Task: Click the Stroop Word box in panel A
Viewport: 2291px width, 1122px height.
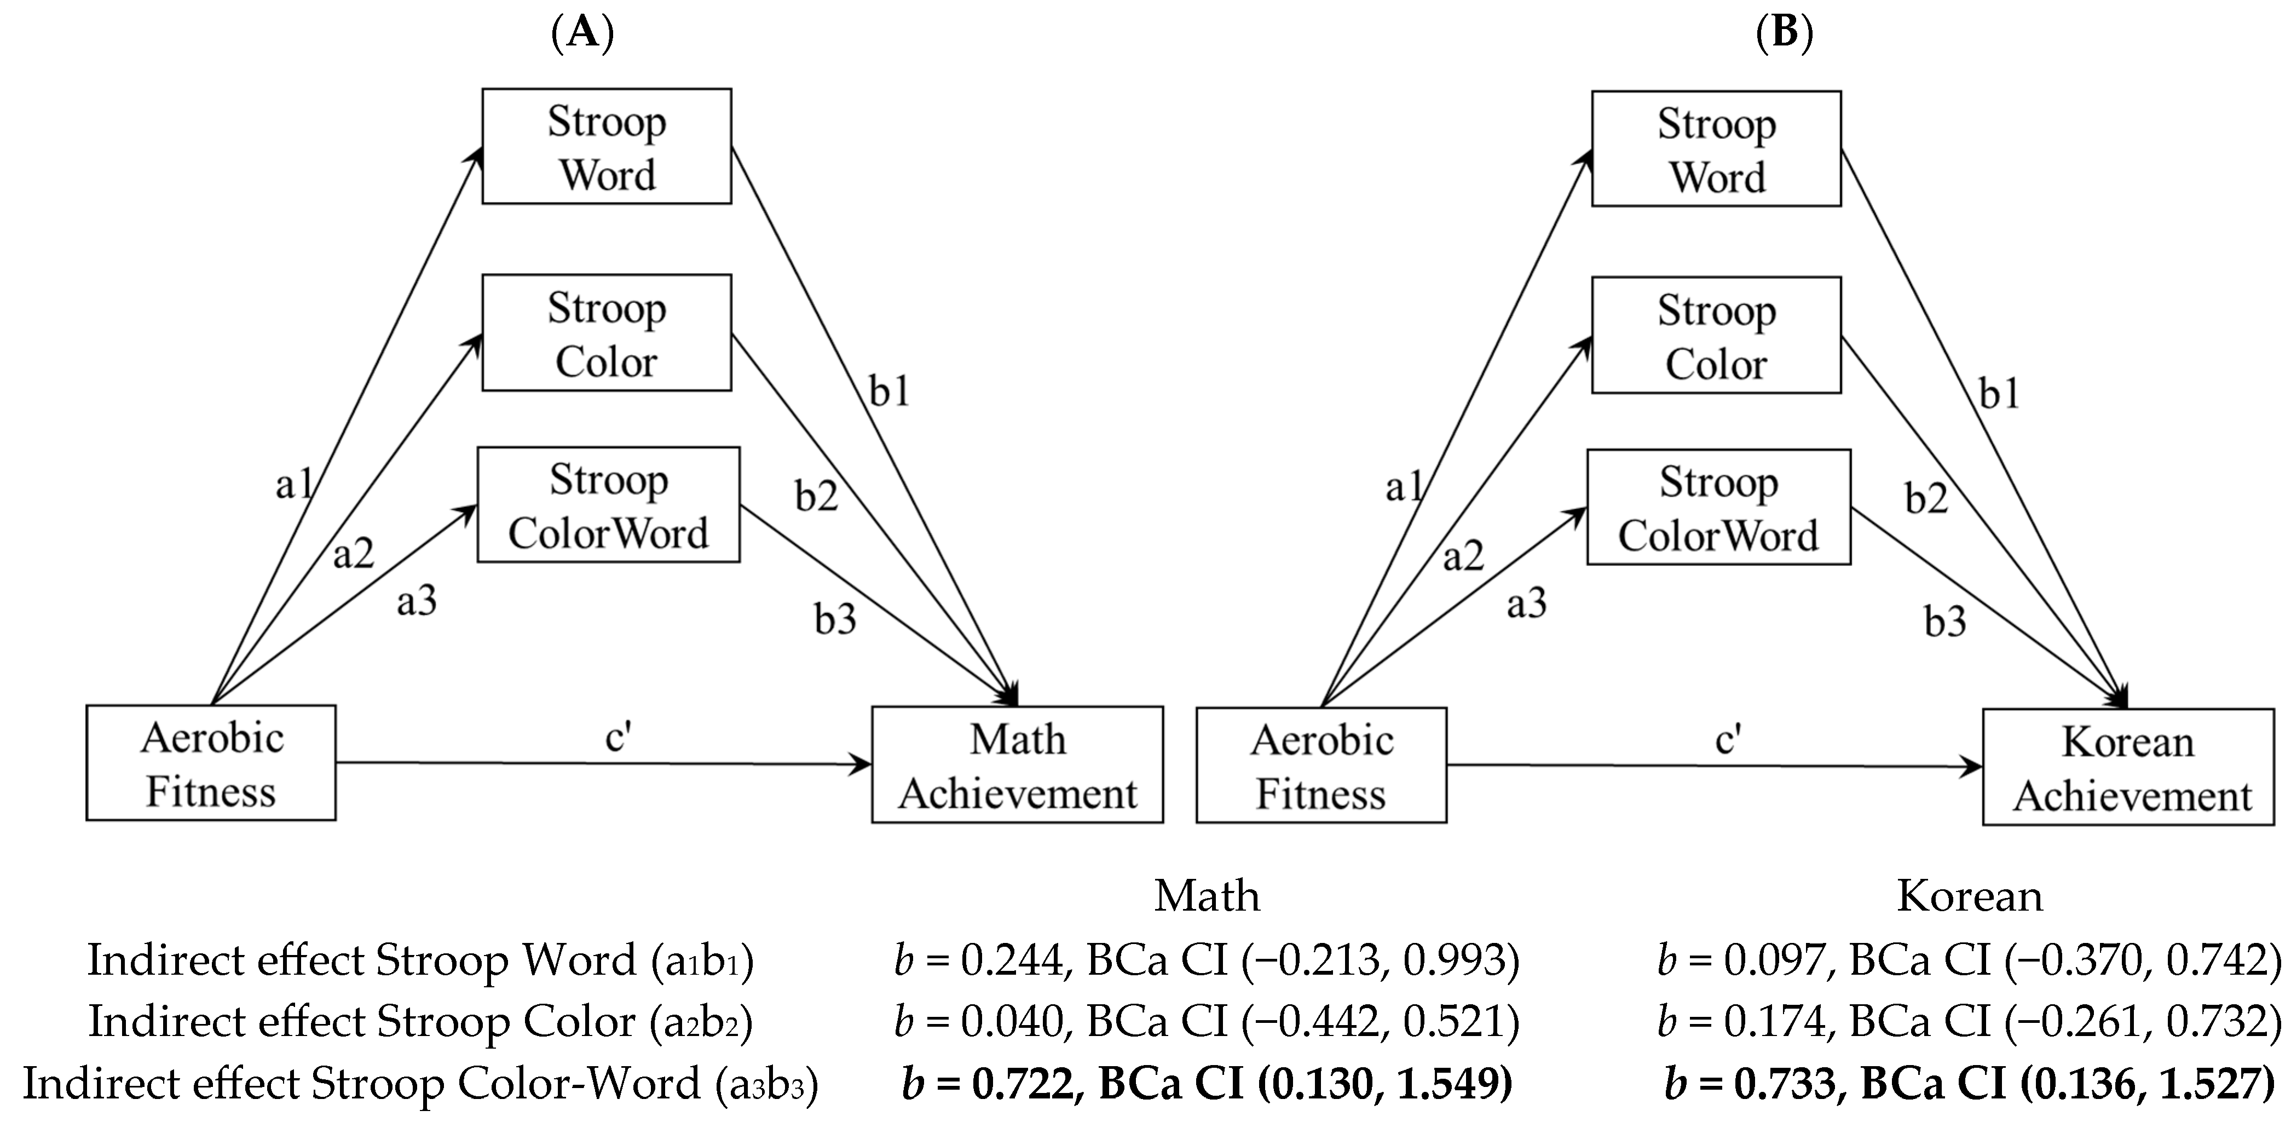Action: point(607,147)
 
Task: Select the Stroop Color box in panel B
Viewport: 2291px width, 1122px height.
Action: point(1716,336)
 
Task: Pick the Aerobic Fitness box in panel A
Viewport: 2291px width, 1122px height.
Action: point(211,763)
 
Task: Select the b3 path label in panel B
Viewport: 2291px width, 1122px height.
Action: point(1945,621)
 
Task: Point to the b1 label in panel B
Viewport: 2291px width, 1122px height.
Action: point(1999,393)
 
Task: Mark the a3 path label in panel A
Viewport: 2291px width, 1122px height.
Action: point(416,601)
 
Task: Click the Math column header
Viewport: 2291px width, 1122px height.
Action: point(1207,896)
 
